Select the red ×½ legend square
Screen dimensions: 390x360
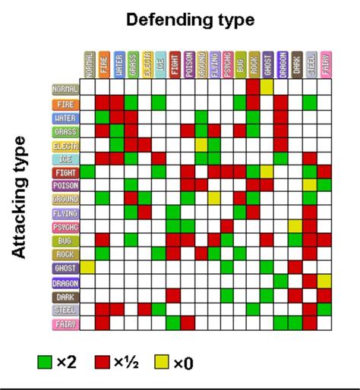pos(103,363)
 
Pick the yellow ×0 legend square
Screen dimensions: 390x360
pos(162,363)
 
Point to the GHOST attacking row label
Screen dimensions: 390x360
pos(65,267)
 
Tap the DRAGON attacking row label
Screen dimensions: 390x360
pos(65,281)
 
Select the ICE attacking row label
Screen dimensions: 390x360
pos(65,158)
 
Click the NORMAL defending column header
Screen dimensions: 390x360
pos(88,64)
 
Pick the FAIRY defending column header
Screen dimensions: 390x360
pos(324,64)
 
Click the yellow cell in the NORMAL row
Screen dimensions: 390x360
pos(267,89)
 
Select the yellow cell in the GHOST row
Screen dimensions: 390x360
pos(88,267)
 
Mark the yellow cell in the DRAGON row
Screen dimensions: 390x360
pos(324,281)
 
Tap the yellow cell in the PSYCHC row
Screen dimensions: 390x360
pos(295,225)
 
